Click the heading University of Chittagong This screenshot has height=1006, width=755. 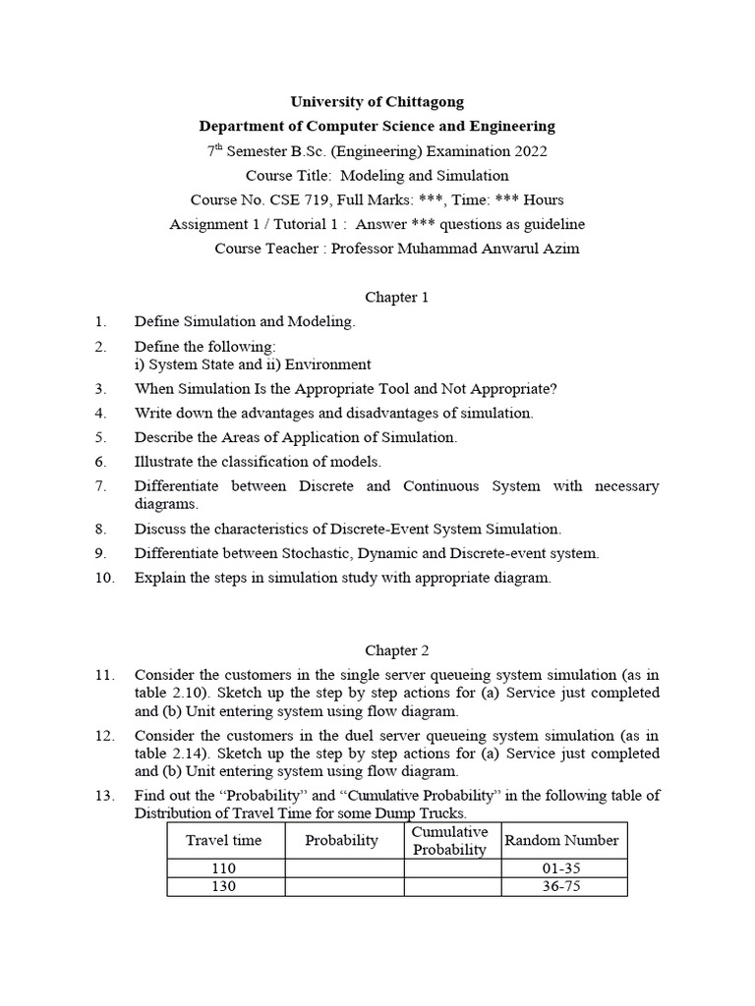pos(377,101)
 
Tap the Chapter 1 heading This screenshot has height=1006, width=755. pos(397,297)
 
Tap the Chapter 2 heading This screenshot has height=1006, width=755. pos(397,650)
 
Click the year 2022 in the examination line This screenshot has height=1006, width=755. pos(530,151)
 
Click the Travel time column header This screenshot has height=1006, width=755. pos(224,841)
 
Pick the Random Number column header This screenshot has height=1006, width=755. pos(561,841)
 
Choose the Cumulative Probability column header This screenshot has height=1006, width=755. pos(450,841)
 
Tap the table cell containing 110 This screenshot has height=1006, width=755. pos(224,867)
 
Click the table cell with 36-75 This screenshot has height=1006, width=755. pos(561,886)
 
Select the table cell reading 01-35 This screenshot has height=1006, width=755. pos(561,867)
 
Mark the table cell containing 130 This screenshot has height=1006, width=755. pos(224,886)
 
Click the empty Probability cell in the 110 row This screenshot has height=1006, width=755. pos(343,867)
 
